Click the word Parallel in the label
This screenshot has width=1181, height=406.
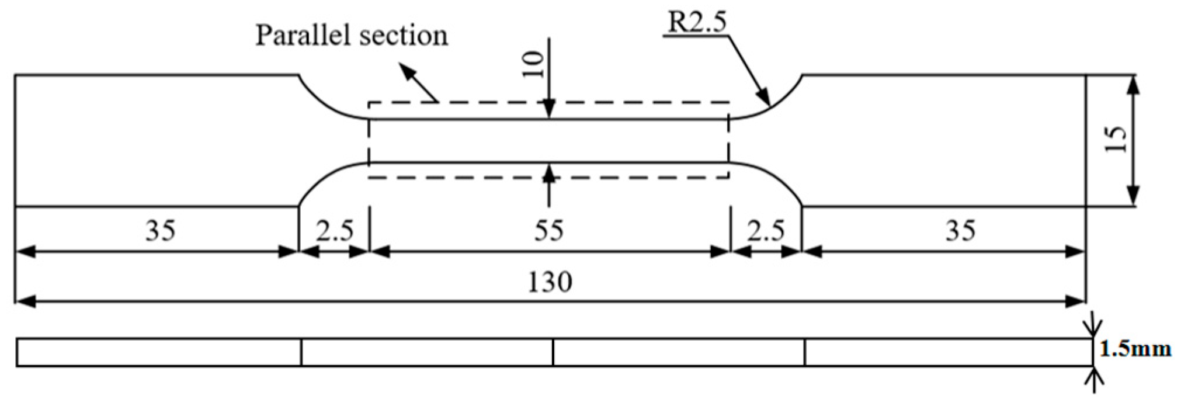point(302,36)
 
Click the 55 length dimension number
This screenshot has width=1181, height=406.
point(548,231)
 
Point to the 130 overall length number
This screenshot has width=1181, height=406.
point(550,283)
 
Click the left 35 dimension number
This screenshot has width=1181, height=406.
point(160,231)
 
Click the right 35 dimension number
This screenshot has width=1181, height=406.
point(960,231)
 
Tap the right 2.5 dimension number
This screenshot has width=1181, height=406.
point(766,231)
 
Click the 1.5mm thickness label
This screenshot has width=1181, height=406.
point(1135,349)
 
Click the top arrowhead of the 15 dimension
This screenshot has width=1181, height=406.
point(1133,85)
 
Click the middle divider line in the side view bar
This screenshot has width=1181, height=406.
point(553,352)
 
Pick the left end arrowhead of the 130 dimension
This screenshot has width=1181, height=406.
point(25,302)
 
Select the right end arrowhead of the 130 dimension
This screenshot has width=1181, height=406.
point(1076,302)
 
